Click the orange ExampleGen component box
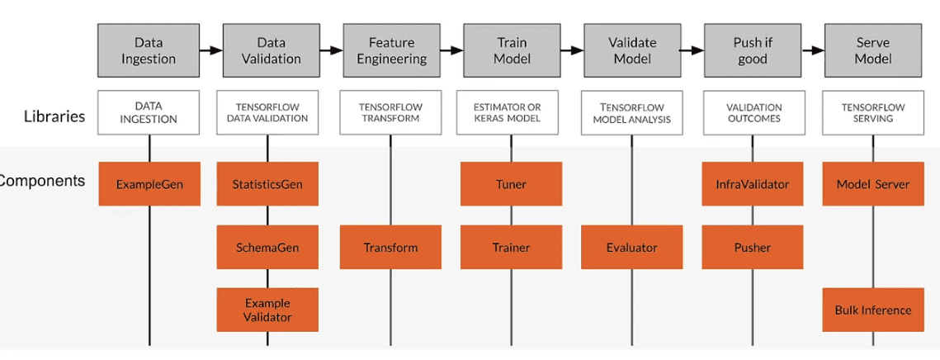149,183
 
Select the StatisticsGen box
267,183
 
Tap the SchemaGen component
267,247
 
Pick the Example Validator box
267,310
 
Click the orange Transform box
390,247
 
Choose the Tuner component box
512,183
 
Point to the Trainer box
512,247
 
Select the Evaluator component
632,247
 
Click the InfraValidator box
753,183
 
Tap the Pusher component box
753,247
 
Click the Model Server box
873,183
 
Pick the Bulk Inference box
873,310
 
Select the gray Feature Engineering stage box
390,50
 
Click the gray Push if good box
753,50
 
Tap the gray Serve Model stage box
873,50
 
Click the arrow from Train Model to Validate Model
572,50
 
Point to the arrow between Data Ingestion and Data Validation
211,50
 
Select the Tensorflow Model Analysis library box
632,113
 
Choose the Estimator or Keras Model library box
512,113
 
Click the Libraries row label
54,116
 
